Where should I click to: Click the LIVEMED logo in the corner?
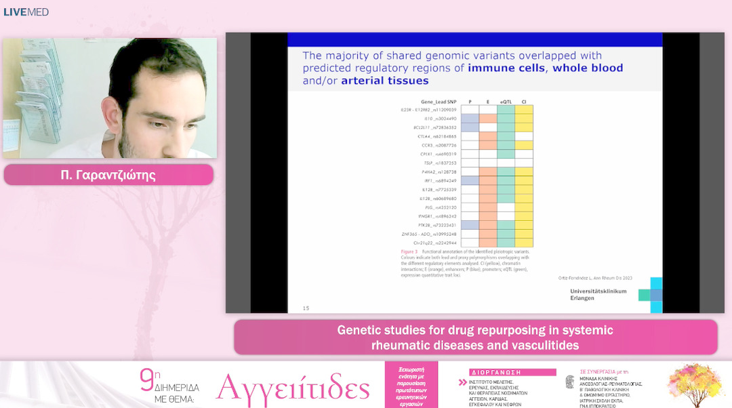[26, 12]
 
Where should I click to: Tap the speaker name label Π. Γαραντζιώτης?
[108, 176]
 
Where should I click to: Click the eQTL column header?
[506, 102]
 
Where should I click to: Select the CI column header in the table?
[523, 102]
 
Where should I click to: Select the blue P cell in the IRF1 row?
[470, 180]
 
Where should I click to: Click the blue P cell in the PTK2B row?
[470, 224]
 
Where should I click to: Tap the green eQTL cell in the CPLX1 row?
[506, 154]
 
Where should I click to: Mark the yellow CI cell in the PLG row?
[523, 207]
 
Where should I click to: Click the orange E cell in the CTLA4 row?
[488, 136]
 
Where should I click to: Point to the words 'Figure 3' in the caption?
[409, 251]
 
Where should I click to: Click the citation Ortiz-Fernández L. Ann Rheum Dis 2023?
[596, 278]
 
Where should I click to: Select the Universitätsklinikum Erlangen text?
[598, 295]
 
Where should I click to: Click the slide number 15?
[306, 308]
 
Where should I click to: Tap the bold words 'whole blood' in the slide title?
[588, 68]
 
